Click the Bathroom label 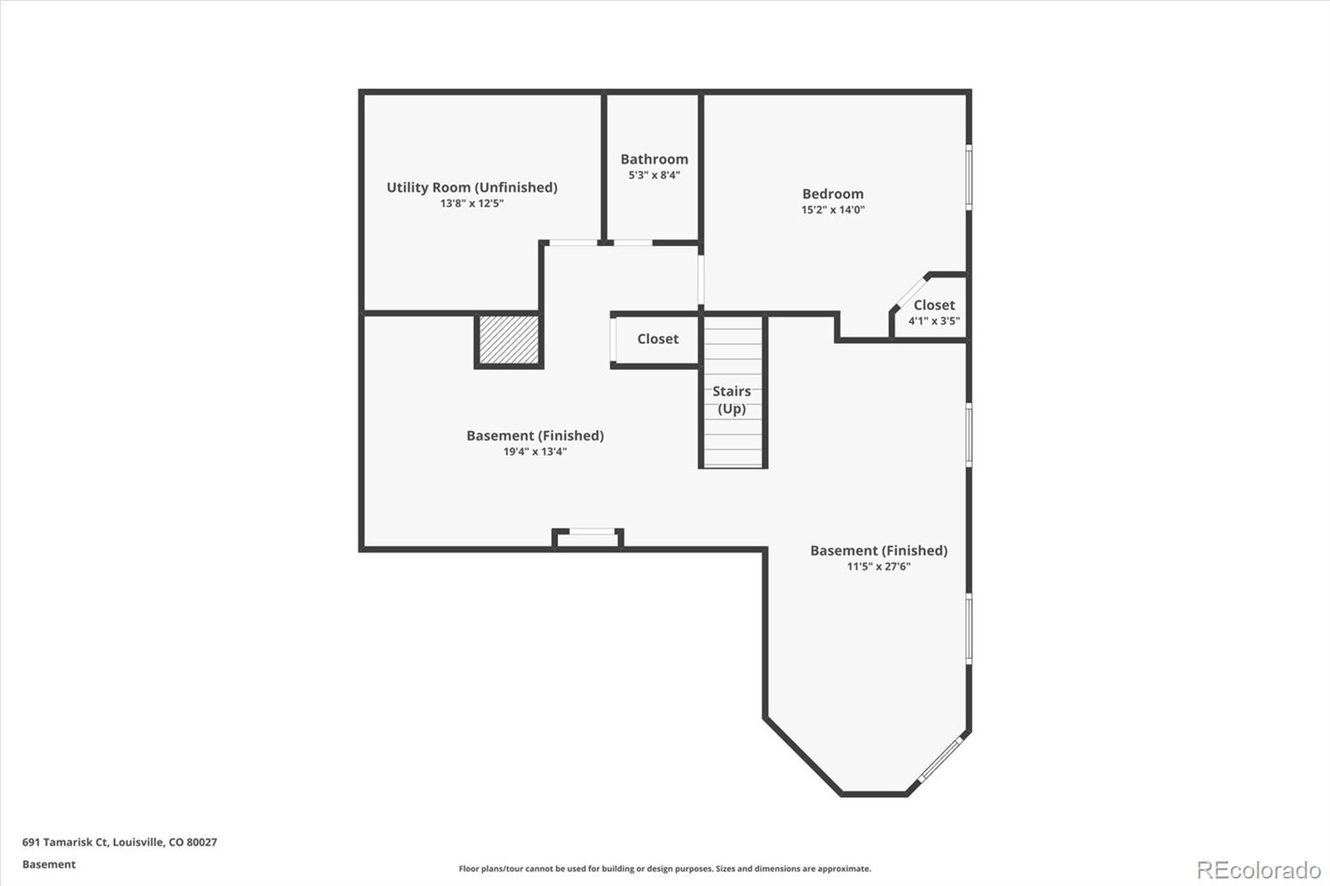coord(654,159)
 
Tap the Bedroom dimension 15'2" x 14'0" coord(833,210)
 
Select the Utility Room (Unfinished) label coord(471,187)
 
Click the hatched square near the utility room coord(509,339)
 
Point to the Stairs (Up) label coord(731,400)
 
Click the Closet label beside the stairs coord(658,338)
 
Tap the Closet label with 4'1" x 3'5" coord(933,305)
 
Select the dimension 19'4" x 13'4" coord(534,452)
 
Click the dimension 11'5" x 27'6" coord(879,567)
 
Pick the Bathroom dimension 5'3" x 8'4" coord(654,175)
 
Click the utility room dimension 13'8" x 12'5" coord(471,204)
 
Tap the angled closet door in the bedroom coord(909,292)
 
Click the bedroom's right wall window coord(968,176)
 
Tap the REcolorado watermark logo coord(1258,870)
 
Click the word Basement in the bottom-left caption coord(48,864)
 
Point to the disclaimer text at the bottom coord(665,869)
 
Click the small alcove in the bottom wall coord(588,539)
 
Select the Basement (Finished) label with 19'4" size coord(534,436)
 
